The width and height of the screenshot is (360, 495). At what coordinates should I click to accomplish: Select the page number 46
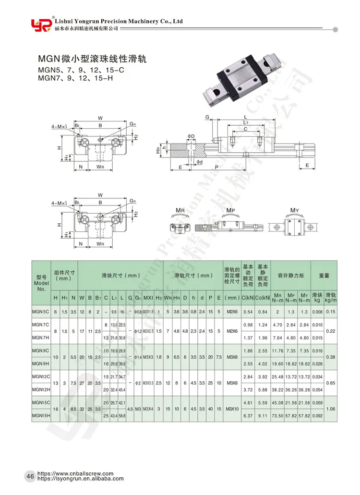29,476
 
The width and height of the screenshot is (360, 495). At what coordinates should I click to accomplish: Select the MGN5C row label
40,312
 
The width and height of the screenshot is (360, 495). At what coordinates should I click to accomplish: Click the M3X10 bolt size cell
232,409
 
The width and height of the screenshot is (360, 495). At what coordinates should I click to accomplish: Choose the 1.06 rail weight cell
330,409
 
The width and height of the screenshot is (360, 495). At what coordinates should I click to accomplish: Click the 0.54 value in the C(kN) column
248,312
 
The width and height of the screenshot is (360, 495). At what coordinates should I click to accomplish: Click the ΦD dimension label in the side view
191,136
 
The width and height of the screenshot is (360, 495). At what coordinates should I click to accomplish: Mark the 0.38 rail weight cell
330,357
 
